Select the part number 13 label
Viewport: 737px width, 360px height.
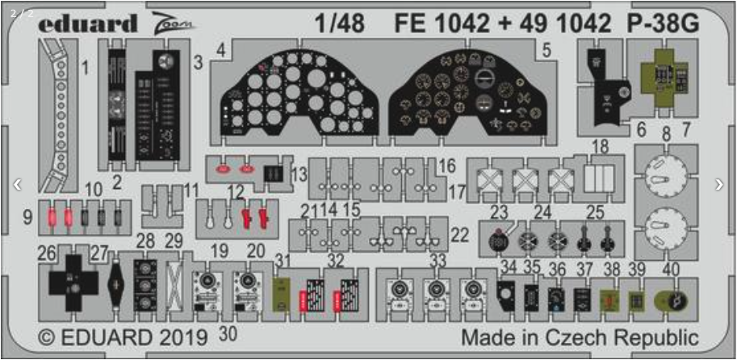[299, 174]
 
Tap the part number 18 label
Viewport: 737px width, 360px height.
[600, 146]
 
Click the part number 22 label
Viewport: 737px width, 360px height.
[460, 235]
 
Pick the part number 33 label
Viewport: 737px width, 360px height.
[438, 260]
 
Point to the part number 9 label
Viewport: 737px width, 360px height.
[28, 216]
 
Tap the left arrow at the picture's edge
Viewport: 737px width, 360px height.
[17, 184]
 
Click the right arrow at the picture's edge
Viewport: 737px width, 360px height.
[719, 184]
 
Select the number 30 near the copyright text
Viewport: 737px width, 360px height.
[228, 333]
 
